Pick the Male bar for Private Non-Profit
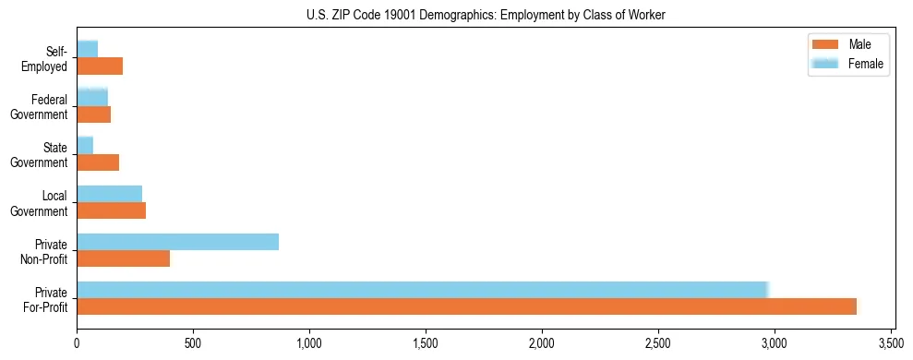123,258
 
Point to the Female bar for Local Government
109,194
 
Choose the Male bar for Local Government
111,210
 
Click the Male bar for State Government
98,162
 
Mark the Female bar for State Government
85,145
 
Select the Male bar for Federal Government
93,114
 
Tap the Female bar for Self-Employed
87,49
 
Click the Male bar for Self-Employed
100,66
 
